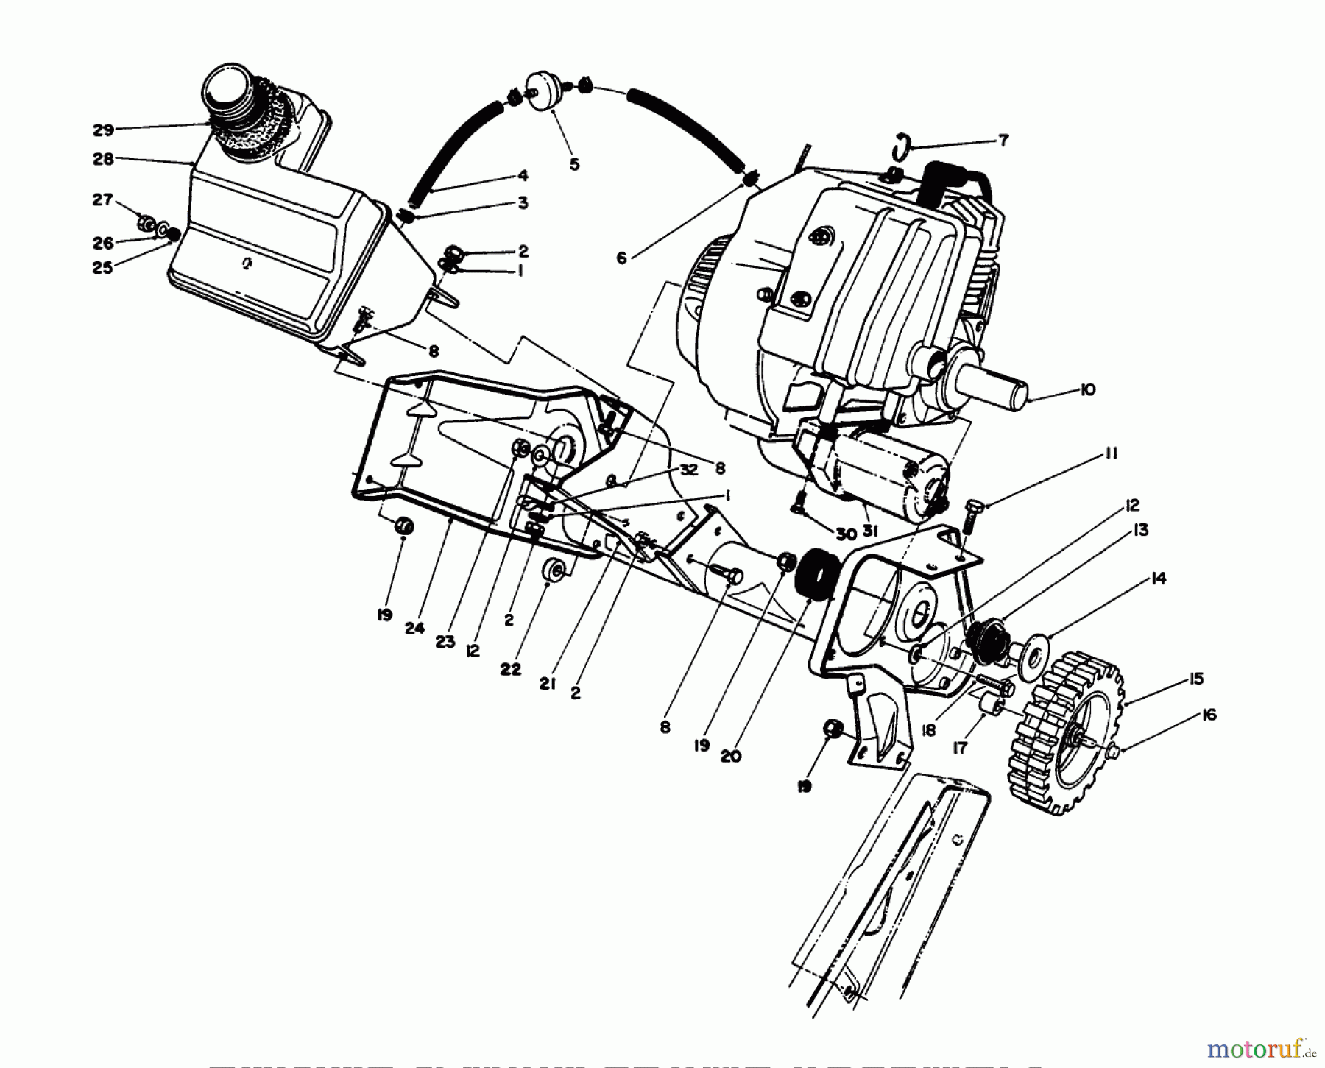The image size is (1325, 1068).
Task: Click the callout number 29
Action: coord(103,130)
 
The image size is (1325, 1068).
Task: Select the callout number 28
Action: coord(103,158)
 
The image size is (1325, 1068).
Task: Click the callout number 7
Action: coord(1003,140)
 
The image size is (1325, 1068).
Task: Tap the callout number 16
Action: coord(1209,715)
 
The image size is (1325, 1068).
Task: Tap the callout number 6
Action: coord(621,258)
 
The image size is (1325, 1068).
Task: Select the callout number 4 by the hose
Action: coord(523,175)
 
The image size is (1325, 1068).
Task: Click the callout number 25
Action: coord(103,268)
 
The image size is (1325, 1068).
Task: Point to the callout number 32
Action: coord(688,470)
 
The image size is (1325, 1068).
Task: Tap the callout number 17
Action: coord(960,748)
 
